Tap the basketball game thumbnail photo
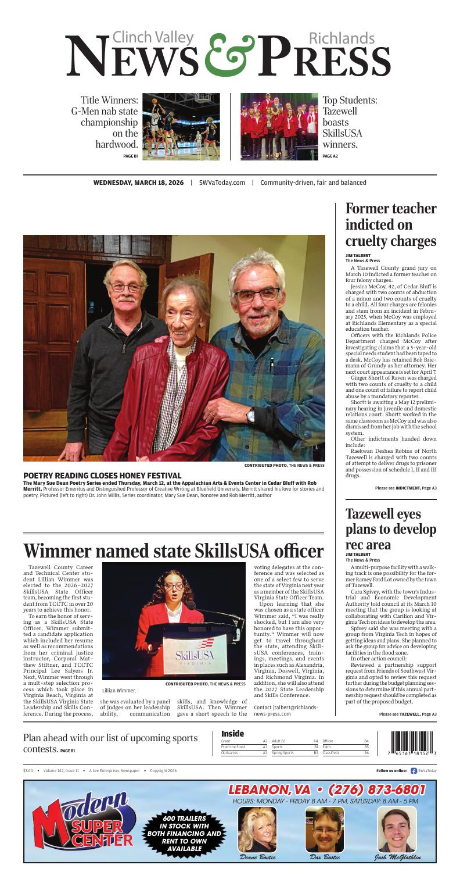tap(181, 126)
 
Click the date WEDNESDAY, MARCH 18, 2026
tap(138, 183)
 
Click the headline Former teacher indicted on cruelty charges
tap(390, 225)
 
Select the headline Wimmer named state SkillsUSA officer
tap(174, 550)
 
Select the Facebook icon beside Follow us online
tap(414, 770)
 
